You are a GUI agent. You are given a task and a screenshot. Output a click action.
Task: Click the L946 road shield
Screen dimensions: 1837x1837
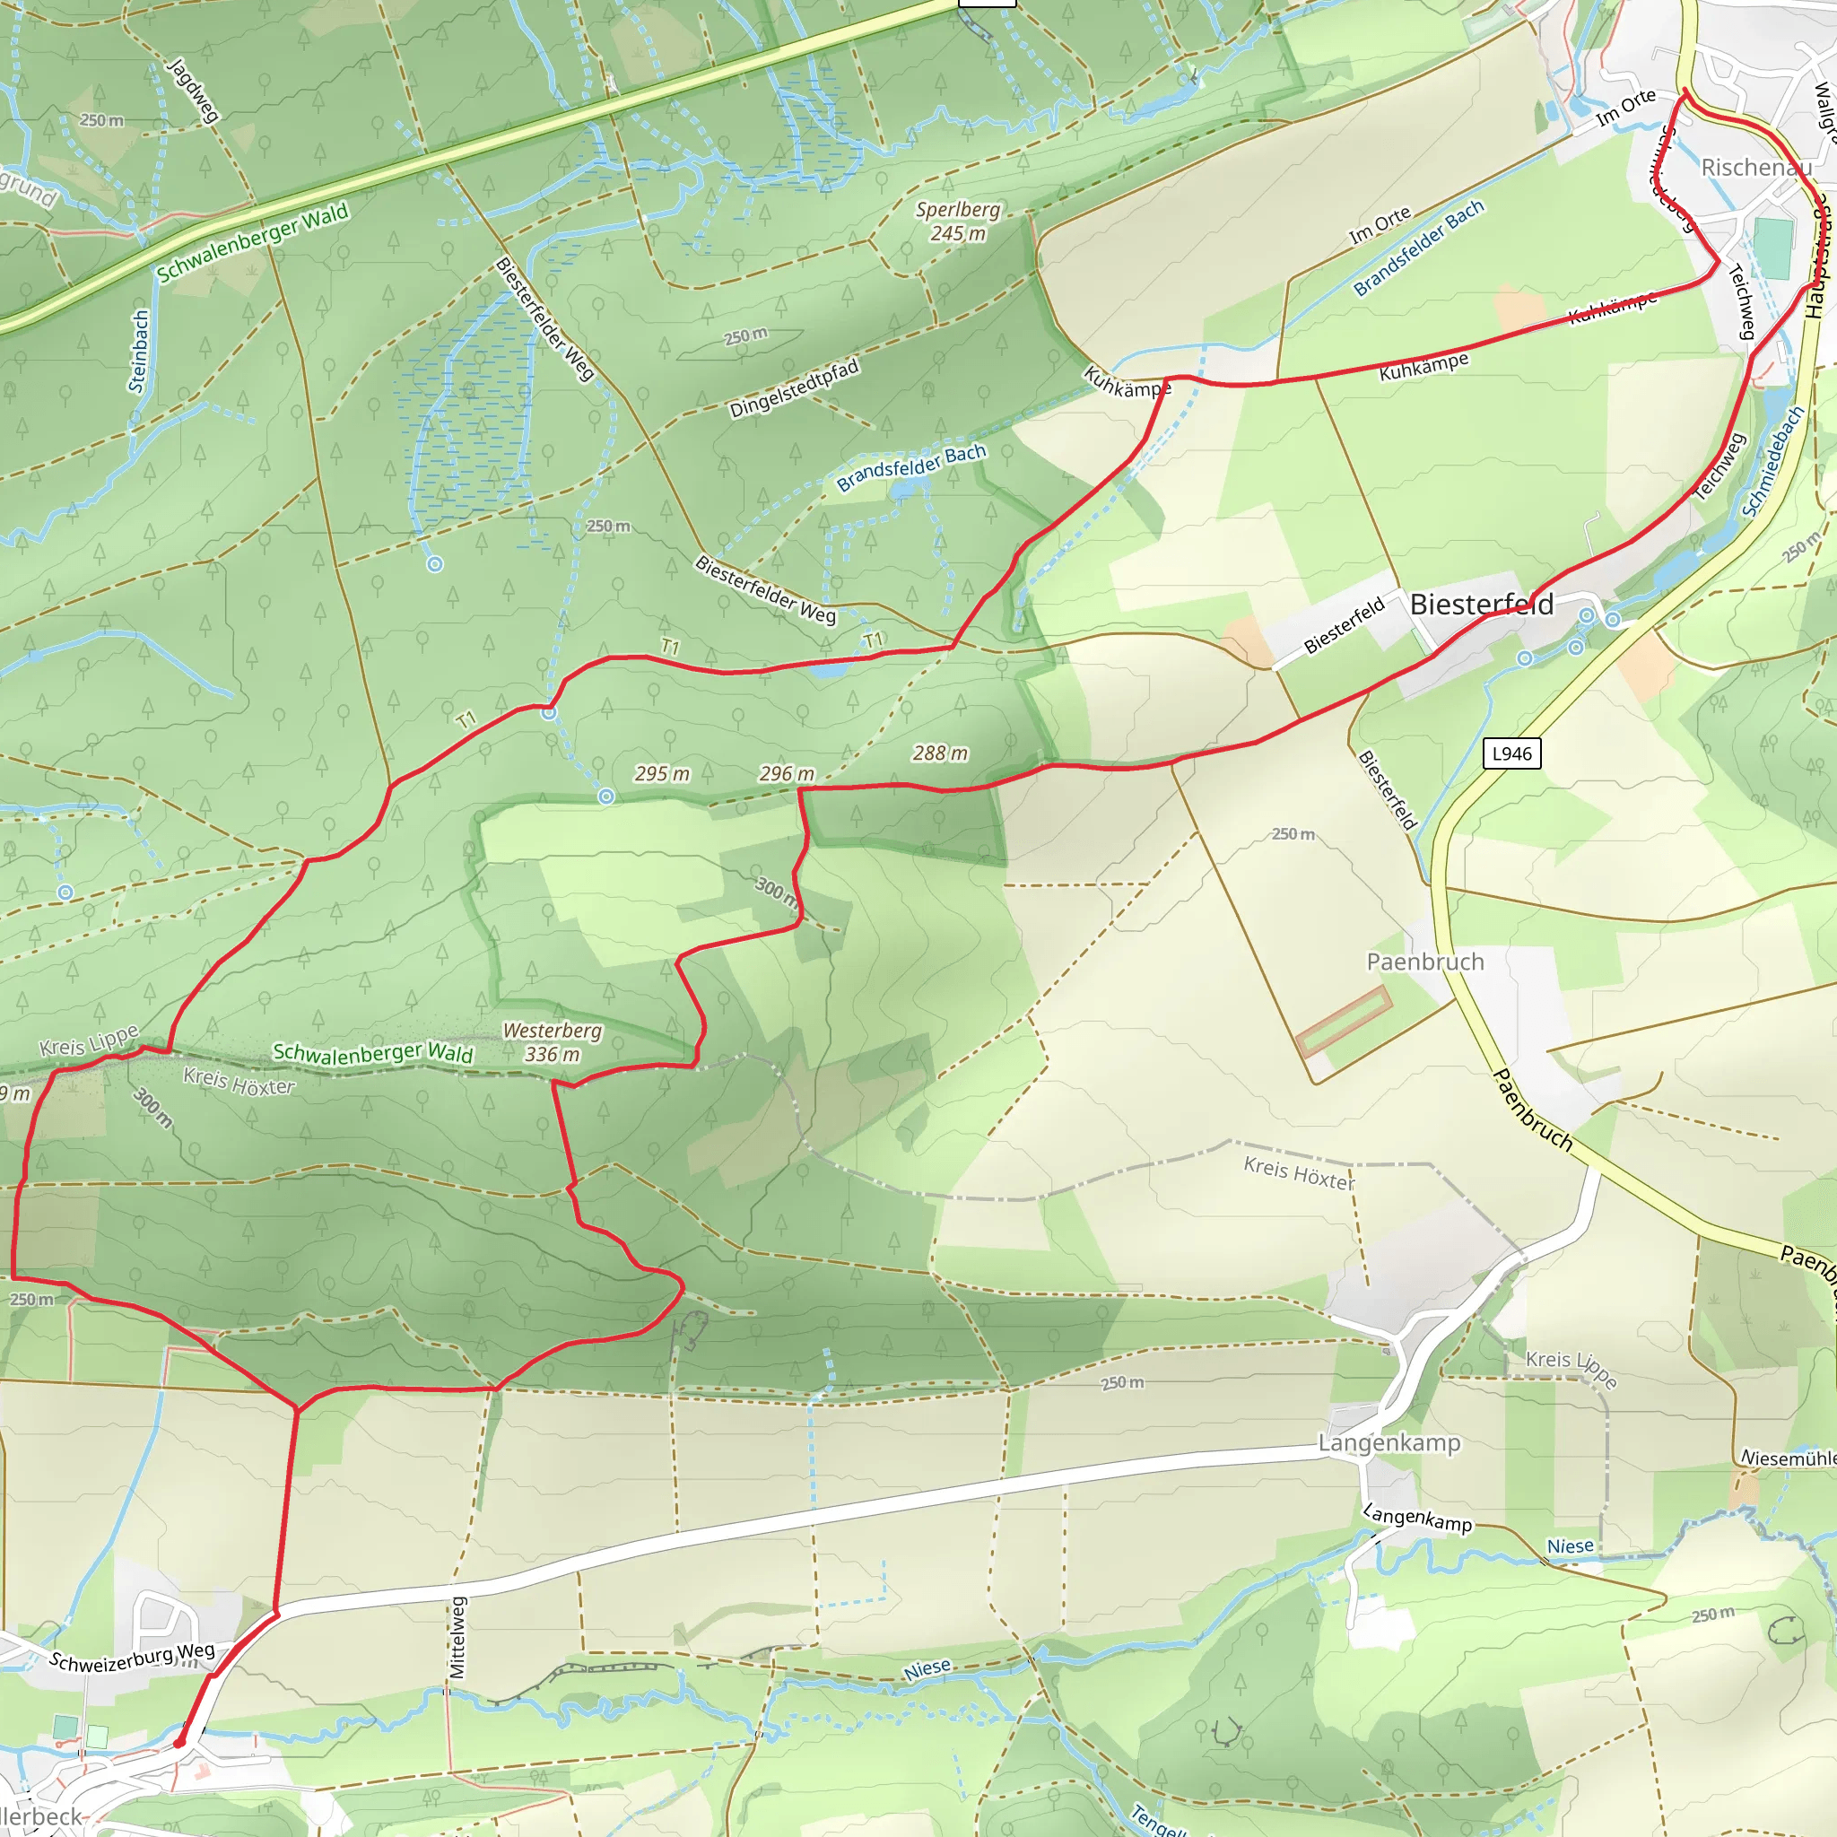coord(1511,754)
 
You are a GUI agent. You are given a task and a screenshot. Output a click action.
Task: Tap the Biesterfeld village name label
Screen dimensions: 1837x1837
coord(1482,604)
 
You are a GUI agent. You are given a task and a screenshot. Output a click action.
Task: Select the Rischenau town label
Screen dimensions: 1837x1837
coord(1756,168)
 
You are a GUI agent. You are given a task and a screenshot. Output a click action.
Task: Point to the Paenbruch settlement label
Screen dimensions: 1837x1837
coord(1424,962)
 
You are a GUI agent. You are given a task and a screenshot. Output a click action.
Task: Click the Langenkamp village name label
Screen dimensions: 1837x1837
coord(1389,1442)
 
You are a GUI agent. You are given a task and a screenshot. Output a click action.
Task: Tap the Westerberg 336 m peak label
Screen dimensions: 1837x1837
coord(553,1042)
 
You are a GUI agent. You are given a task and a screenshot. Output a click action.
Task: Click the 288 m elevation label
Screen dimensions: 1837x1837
coord(939,753)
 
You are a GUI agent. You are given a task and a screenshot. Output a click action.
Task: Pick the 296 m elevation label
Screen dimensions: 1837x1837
coord(787,774)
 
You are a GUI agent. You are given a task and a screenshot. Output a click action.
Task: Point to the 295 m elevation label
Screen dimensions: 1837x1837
coord(662,774)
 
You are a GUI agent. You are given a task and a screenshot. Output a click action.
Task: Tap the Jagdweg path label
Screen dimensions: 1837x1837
coord(193,91)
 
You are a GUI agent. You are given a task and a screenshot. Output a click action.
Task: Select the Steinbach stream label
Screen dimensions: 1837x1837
coord(139,351)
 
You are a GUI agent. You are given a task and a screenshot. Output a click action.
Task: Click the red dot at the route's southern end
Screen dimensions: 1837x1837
coord(178,1743)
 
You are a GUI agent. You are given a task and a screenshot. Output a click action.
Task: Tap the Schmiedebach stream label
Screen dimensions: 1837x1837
coord(1772,461)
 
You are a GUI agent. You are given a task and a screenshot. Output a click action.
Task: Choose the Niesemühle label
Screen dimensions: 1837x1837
coord(1788,1458)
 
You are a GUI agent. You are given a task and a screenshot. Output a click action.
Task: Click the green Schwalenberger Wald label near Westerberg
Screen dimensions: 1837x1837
coord(373,1052)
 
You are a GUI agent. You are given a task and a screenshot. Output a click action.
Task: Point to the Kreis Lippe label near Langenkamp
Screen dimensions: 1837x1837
coord(1571,1368)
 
